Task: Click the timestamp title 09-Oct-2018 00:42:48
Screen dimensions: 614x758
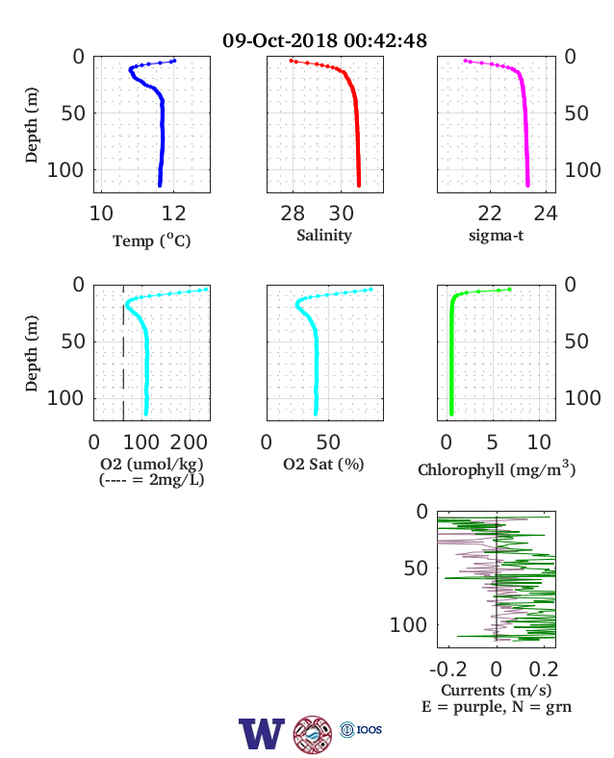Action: pyautogui.click(x=324, y=40)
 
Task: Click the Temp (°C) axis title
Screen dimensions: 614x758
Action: pyautogui.click(x=152, y=240)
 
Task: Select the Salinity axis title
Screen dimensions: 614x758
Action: pyautogui.click(x=324, y=236)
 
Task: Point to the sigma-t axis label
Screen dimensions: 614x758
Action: pyautogui.click(x=496, y=236)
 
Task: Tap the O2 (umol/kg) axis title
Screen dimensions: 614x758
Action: pyautogui.click(x=152, y=464)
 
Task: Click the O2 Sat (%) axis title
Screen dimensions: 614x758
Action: pyautogui.click(x=323, y=464)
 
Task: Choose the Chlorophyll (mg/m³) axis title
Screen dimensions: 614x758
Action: pyautogui.click(x=497, y=469)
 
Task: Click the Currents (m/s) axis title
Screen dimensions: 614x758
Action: pyautogui.click(x=496, y=691)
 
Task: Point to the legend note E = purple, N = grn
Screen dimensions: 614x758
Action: pyautogui.click(x=497, y=707)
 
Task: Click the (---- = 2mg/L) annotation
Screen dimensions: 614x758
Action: pyautogui.click(x=152, y=480)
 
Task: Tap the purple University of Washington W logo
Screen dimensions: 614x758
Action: pyautogui.click(x=262, y=734)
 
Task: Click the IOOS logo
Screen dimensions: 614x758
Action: pyautogui.click(x=361, y=729)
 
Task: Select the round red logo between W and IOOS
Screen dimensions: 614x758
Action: pyautogui.click(x=313, y=735)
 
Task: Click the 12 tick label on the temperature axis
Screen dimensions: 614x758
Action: pyautogui.click(x=173, y=214)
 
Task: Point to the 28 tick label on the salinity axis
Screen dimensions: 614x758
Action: pyautogui.click(x=293, y=214)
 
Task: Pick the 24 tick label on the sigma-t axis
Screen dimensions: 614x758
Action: pyautogui.click(x=546, y=214)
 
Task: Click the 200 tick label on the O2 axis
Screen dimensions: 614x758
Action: pyautogui.click(x=189, y=442)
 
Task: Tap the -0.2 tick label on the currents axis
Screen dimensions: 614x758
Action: pyautogui.click(x=448, y=670)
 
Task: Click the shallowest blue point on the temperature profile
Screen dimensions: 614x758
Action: pyautogui.click(x=174, y=61)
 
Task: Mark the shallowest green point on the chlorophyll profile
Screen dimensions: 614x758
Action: pyautogui.click(x=509, y=290)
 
